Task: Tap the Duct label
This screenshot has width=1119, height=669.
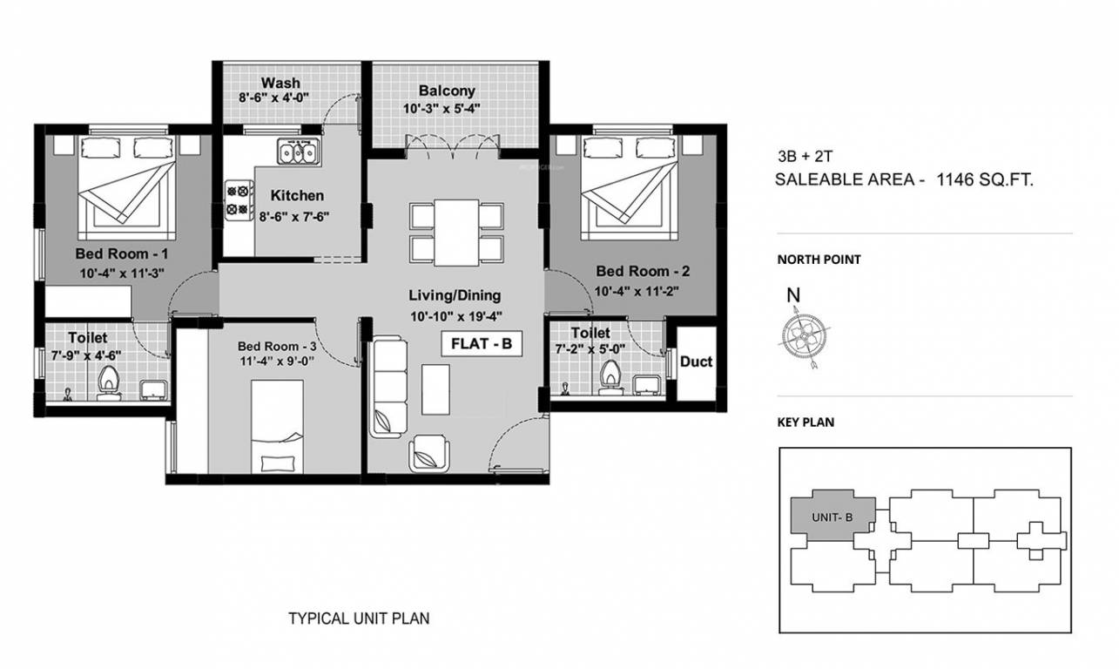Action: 696,362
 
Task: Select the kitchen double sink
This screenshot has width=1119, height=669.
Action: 298,153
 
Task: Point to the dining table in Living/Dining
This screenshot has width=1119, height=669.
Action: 456,233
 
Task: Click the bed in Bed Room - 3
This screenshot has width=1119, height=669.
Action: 278,427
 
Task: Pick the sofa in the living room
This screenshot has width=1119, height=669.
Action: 388,387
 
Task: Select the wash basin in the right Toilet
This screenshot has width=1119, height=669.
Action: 646,383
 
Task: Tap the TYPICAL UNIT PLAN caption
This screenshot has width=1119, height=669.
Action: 359,619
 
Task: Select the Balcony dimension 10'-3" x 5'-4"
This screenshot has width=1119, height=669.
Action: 442,109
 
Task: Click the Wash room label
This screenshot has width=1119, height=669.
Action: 281,84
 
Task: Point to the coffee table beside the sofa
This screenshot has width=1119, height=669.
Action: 435,389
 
